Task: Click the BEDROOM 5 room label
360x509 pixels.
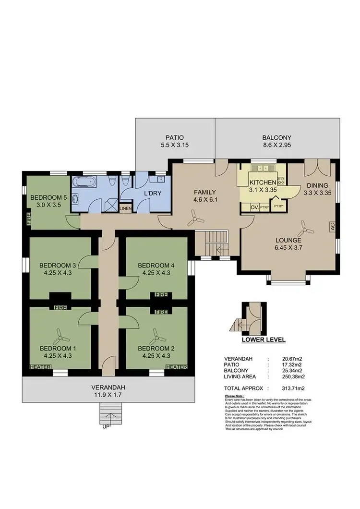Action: [x=48, y=197]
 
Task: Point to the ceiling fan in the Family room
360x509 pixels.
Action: [x=193, y=220]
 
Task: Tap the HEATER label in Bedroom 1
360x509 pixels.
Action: [x=39, y=367]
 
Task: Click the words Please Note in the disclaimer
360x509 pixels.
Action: [x=235, y=396]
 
